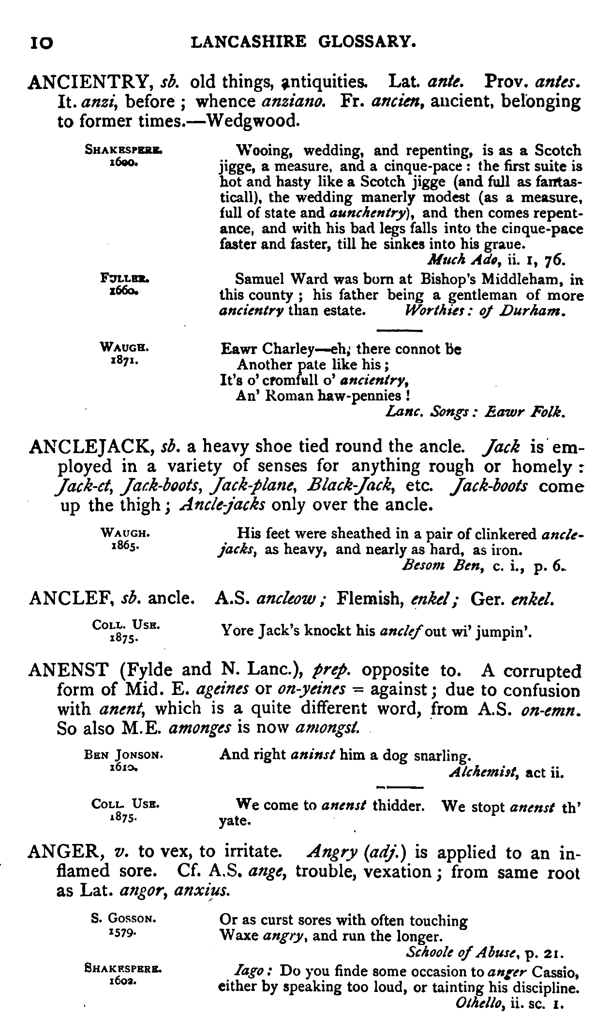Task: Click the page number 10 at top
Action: coord(41,43)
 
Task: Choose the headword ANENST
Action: coord(68,670)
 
